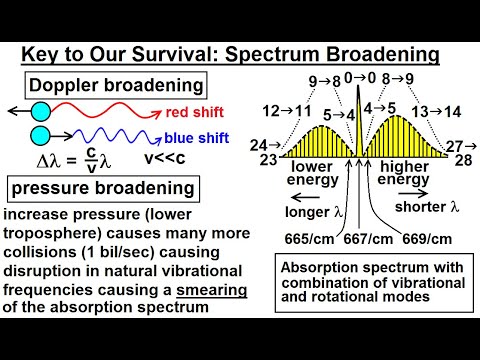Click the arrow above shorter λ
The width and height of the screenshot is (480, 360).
(420, 187)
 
